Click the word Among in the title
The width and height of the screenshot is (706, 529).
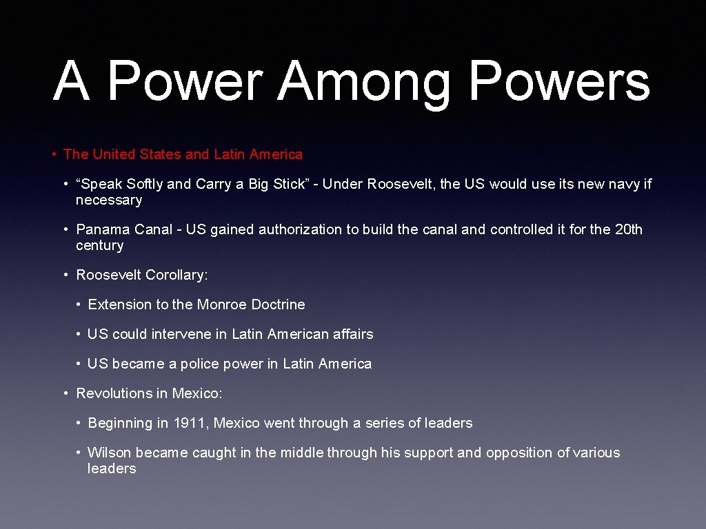click(364, 83)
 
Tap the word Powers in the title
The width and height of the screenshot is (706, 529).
click(559, 83)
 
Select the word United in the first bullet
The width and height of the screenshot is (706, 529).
click(115, 154)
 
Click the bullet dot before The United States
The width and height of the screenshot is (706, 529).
click(54, 154)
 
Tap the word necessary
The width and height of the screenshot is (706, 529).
click(109, 200)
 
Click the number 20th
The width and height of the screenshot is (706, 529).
click(627, 229)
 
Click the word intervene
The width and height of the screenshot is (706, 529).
click(181, 334)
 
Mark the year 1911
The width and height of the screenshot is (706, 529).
click(189, 423)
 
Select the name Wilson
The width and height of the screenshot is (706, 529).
click(110, 453)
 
